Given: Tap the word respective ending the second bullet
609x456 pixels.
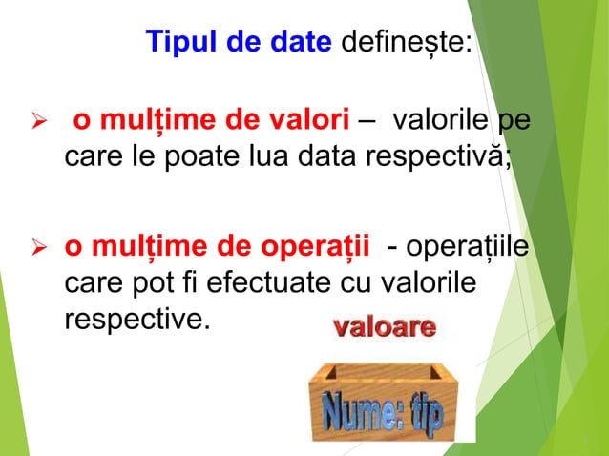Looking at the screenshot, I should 135,319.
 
